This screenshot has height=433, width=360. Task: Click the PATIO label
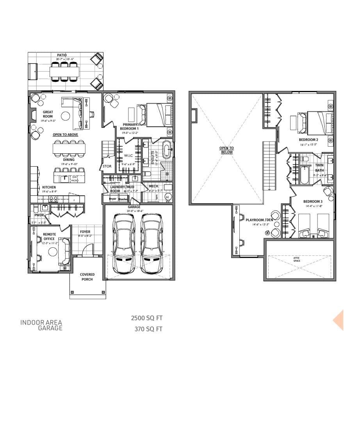pyautogui.click(x=62, y=55)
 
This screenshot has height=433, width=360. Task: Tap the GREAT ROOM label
pyautogui.click(x=48, y=114)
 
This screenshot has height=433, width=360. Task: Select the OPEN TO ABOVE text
pyautogui.click(x=65, y=135)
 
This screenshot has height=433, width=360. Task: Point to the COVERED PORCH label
pyautogui.click(x=87, y=277)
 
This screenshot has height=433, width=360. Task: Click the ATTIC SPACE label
pyautogui.click(x=297, y=259)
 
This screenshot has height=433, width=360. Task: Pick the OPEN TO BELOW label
pyautogui.click(x=226, y=150)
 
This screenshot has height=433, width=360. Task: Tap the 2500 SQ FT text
pyautogui.click(x=147, y=318)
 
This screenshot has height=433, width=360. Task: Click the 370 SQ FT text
pyautogui.click(x=148, y=329)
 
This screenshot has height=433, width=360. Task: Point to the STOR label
pyautogui.click(x=107, y=166)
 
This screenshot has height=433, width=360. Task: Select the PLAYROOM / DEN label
pyautogui.click(x=259, y=220)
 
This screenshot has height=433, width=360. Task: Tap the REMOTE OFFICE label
pyautogui.click(x=49, y=237)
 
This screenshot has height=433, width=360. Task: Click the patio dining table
pyautogui.click(x=64, y=72)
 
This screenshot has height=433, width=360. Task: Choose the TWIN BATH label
pyautogui.click(x=319, y=168)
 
